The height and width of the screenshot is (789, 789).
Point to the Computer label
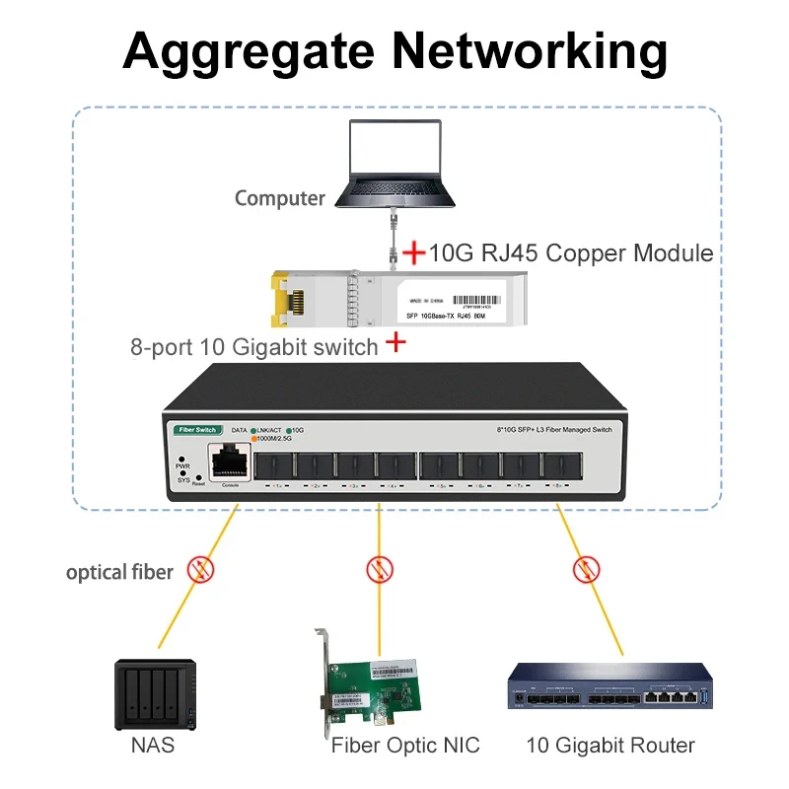click(279, 198)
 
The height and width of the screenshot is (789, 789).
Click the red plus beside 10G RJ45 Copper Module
click(414, 253)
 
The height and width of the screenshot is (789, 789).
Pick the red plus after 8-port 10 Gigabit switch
click(395, 343)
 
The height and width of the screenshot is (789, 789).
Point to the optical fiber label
click(119, 572)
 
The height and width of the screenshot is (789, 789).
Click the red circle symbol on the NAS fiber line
click(201, 569)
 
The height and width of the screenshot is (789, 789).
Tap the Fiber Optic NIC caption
click(405, 746)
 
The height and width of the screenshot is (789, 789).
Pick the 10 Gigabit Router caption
click(610, 746)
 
